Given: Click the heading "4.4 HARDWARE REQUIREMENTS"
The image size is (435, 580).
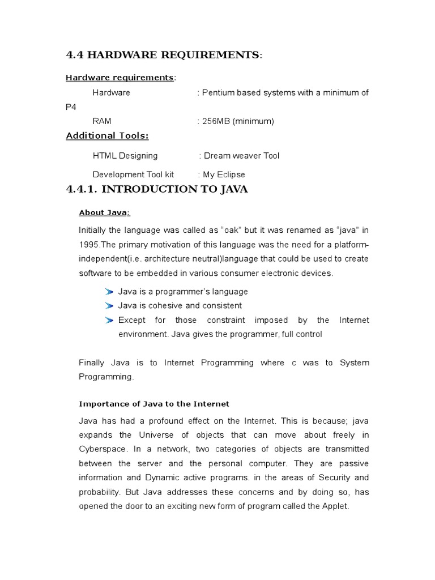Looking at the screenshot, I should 163,55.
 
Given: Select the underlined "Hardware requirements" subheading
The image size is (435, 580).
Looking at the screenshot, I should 120,77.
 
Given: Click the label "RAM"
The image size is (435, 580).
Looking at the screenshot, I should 101,121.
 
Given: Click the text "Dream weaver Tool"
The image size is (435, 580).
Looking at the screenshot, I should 242,155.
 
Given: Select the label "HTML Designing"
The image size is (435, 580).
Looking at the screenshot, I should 125,155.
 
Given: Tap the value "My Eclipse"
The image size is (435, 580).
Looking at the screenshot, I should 224,174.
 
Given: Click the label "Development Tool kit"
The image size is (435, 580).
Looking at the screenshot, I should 134,174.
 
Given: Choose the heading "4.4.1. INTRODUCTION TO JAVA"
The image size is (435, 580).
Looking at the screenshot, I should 157,189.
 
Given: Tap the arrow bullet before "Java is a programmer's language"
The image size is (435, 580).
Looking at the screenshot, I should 109,292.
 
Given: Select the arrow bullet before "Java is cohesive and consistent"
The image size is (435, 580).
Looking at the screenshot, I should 109,306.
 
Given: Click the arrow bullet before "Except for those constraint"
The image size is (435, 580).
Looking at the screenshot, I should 109,320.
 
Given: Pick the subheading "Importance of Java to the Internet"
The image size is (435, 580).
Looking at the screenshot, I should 153,404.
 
